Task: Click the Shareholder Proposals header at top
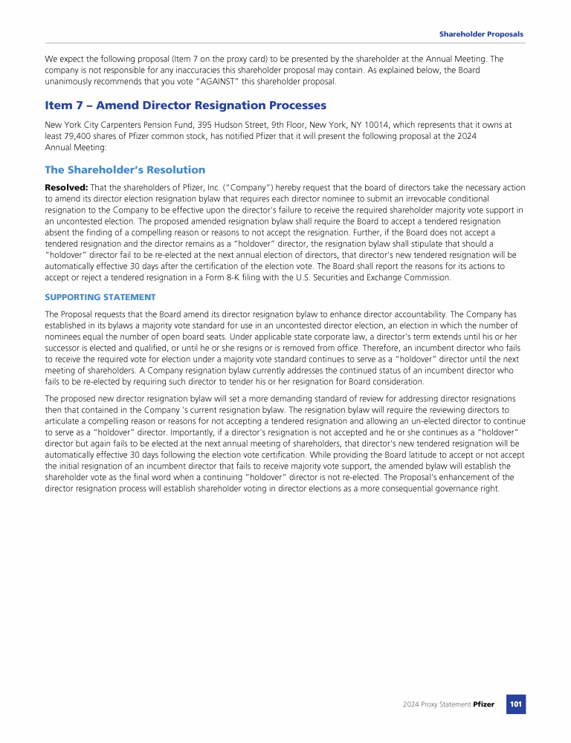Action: click(481, 34)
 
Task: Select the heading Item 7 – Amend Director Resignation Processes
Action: click(185, 106)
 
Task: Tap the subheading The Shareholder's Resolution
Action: click(125, 169)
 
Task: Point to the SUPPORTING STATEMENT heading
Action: click(100, 297)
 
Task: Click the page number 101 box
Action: click(516, 704)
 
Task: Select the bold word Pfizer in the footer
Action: click(483, 704)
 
